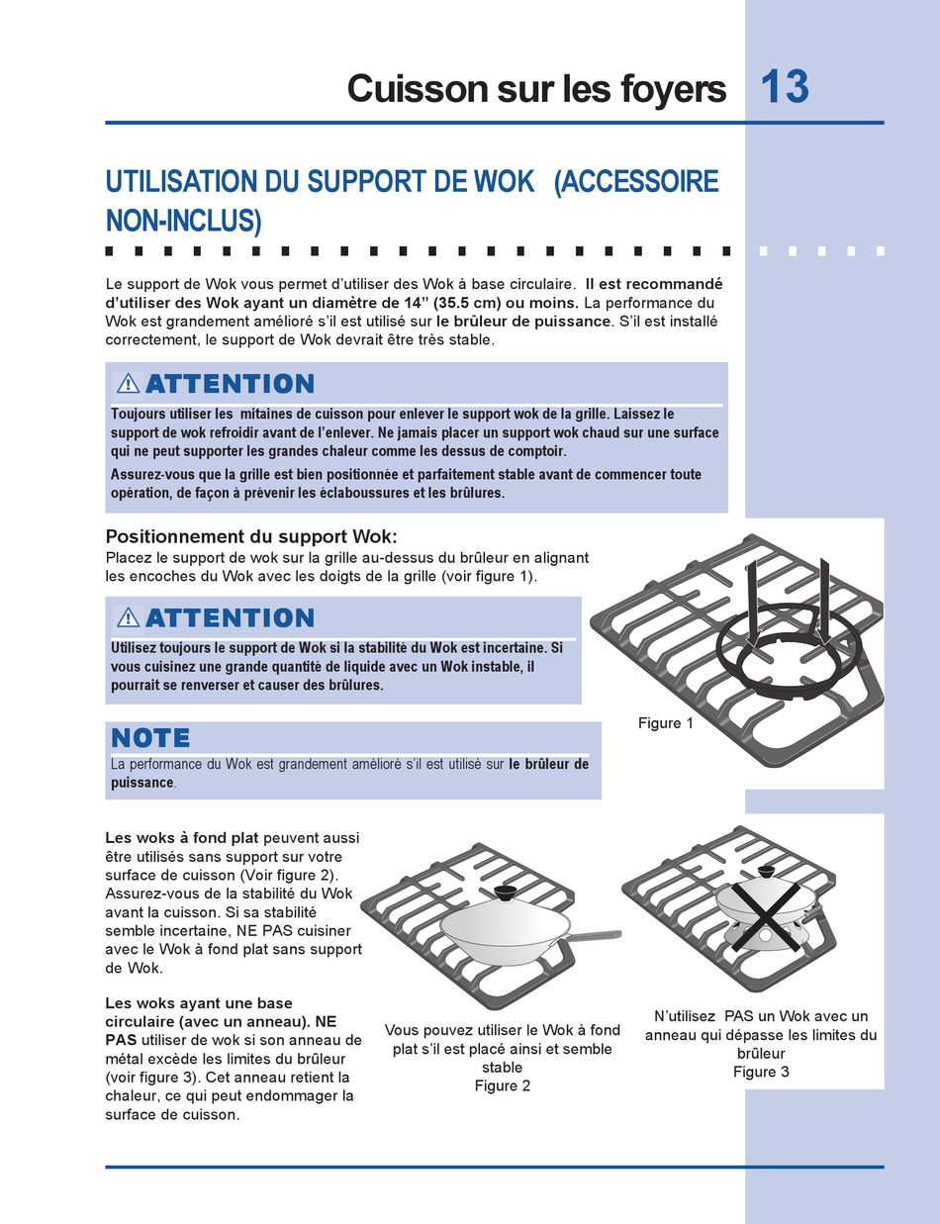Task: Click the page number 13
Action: (x=786, y=87)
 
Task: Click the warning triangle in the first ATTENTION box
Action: (x=128, y=384)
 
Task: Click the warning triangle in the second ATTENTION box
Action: (x=128, y=618)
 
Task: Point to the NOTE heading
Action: (x=150, y=737)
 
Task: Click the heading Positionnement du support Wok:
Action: (x=250, y=536)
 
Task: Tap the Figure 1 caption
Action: (x=666, y=723)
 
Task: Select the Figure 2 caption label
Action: (x=503, y=1085)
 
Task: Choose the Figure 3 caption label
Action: (x=761, y=1072)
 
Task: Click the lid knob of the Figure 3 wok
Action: (x=766, y=873)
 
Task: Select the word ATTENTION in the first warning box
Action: (x=230, y=384)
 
